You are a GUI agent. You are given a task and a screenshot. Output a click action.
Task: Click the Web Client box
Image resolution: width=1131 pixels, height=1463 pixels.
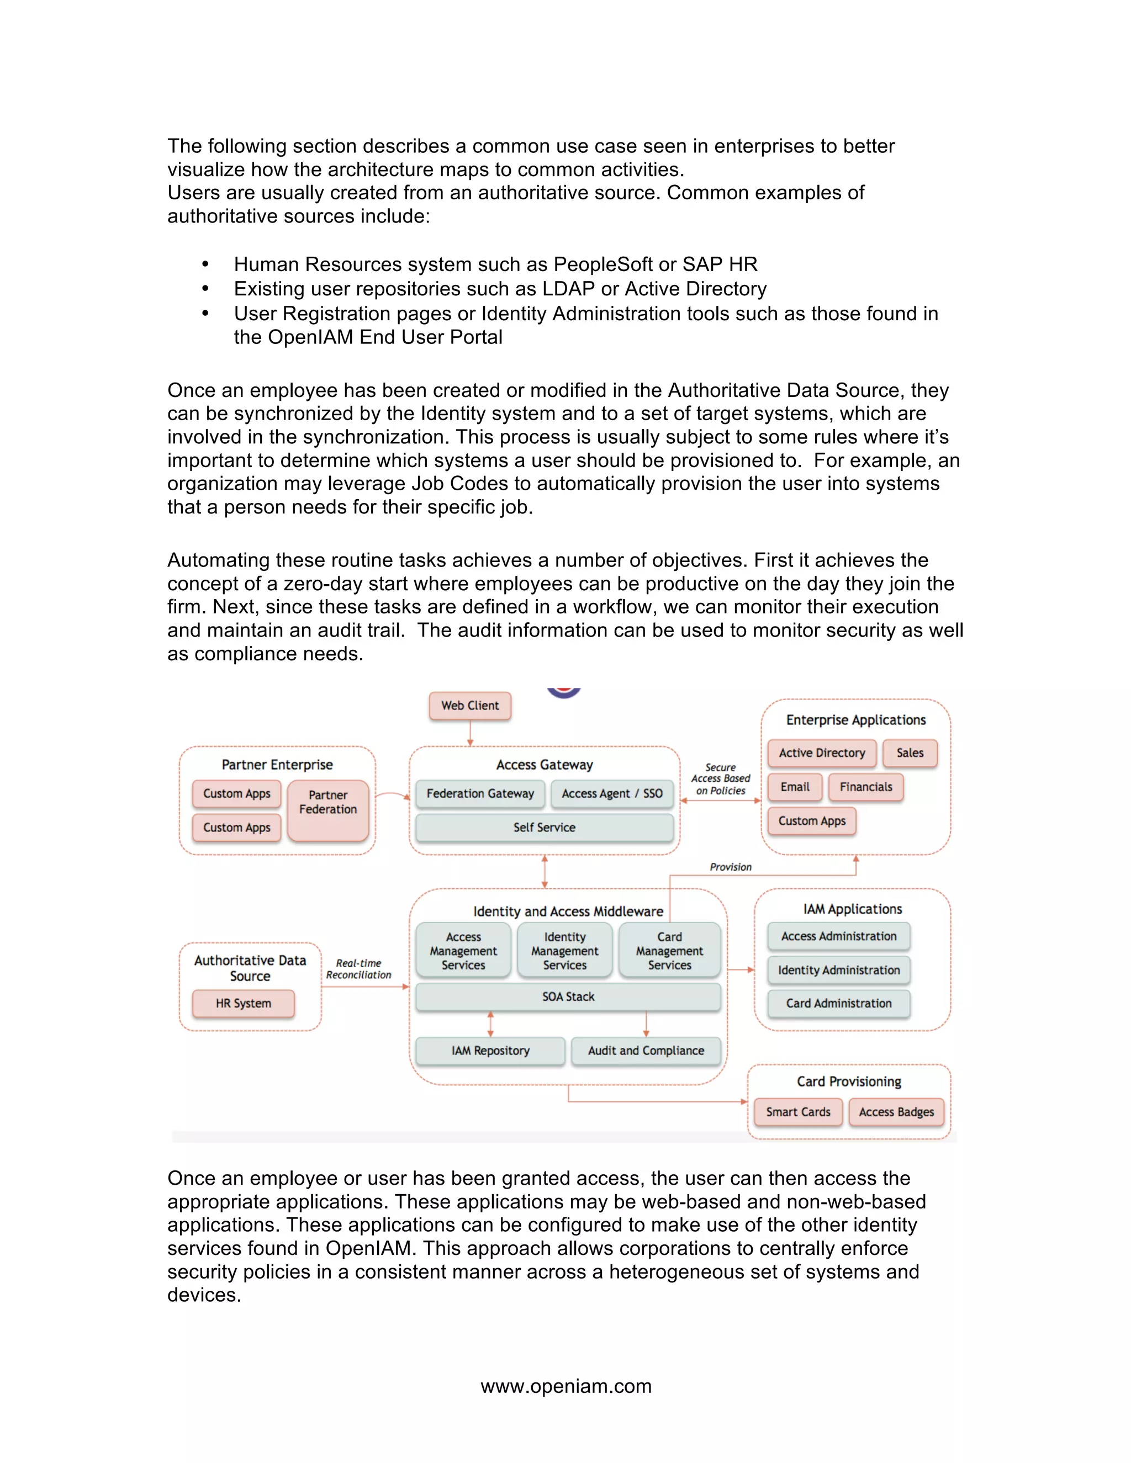coord(470,706)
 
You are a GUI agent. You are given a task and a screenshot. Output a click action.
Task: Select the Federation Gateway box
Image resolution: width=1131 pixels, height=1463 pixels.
coord(480,793)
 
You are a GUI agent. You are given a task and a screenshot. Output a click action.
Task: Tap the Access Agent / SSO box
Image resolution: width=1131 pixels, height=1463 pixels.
coord(612,793)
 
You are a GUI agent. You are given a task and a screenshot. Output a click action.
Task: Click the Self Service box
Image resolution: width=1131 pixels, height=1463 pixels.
coord(544,828)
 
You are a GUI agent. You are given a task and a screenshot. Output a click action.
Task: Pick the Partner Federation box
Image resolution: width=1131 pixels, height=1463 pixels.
coord(327,809)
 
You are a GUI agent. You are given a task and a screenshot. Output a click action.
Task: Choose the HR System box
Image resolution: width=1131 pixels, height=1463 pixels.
coord(243,1003)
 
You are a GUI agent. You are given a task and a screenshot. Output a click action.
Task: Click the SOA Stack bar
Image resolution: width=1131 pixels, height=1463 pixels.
coord(568,996)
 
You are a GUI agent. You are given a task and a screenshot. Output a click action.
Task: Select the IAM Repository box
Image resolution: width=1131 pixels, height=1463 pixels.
coord(490,1051)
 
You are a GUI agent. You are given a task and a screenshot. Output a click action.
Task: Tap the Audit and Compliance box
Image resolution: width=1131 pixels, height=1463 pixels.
coord(646,1051)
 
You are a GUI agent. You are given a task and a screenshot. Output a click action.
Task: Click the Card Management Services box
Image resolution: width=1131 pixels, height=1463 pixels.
coord(669,951)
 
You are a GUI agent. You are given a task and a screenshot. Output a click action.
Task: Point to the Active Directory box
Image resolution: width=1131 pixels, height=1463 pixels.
coord(821,752)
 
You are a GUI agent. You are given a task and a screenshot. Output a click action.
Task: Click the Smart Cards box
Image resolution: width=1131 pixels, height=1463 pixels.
coord(798,1111)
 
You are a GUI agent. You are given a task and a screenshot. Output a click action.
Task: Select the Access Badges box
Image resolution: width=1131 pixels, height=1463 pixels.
coord(896,1111)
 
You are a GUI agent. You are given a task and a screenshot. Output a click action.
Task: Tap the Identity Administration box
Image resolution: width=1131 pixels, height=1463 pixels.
coord(838,969)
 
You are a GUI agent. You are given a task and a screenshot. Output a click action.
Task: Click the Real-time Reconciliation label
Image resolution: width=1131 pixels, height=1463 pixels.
coord(358,969)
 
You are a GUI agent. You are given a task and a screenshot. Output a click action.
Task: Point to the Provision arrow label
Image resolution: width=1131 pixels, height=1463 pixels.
coord(730,867)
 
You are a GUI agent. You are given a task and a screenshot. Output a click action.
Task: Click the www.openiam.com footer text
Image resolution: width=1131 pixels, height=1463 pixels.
coord(565,1385)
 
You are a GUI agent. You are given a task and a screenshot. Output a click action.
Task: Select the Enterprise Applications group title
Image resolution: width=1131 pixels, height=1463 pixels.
coord(855,719)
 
